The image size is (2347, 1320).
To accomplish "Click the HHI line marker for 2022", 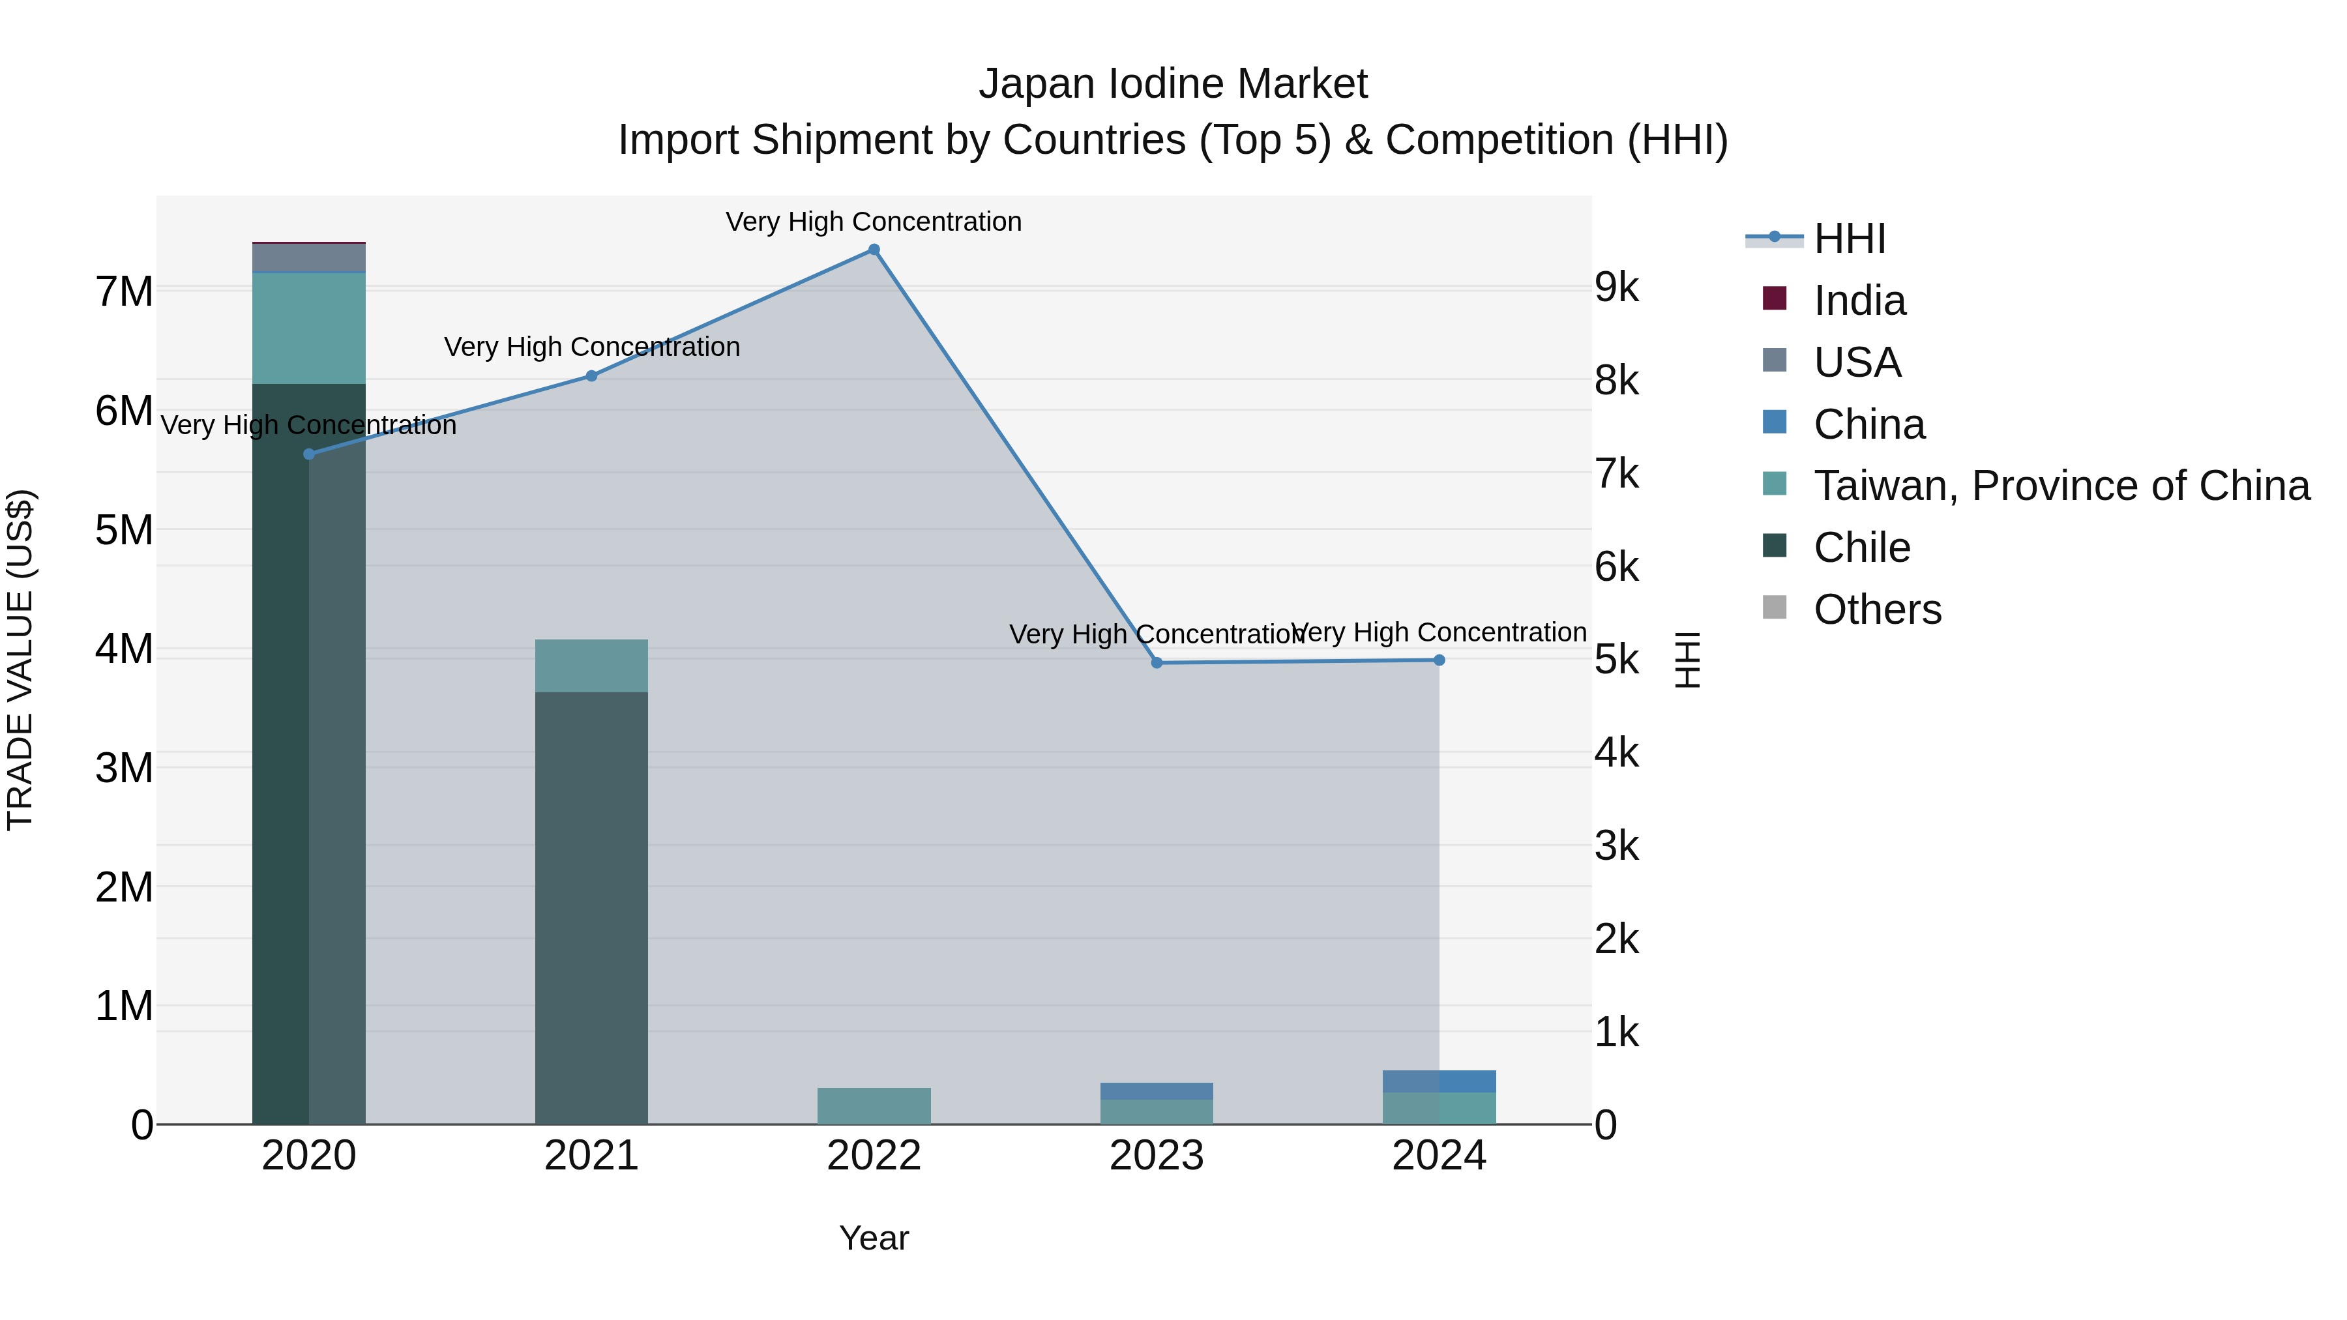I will (874, 250).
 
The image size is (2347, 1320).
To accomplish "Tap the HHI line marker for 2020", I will (309, 454).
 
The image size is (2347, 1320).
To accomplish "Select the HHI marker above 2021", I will (591, 375).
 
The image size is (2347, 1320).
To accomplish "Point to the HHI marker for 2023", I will (1156, 662).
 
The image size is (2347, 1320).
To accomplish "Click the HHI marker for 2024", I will (1439, 660).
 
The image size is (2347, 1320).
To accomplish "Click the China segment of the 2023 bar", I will (1156, 1091).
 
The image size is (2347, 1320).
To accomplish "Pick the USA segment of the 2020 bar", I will (309, 257).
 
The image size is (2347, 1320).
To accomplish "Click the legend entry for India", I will (1859, 301).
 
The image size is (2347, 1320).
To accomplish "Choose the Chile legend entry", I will (1861, 548).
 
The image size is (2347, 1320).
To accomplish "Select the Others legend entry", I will (1877, 609).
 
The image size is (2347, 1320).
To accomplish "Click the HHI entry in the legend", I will (1849, 239).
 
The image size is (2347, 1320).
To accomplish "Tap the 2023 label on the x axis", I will (1156, 1156).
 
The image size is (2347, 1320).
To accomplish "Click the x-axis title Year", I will (874, 1238).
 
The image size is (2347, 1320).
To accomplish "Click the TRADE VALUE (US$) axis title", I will (20, 660).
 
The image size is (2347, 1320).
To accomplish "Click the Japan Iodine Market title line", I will (1173, 84).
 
